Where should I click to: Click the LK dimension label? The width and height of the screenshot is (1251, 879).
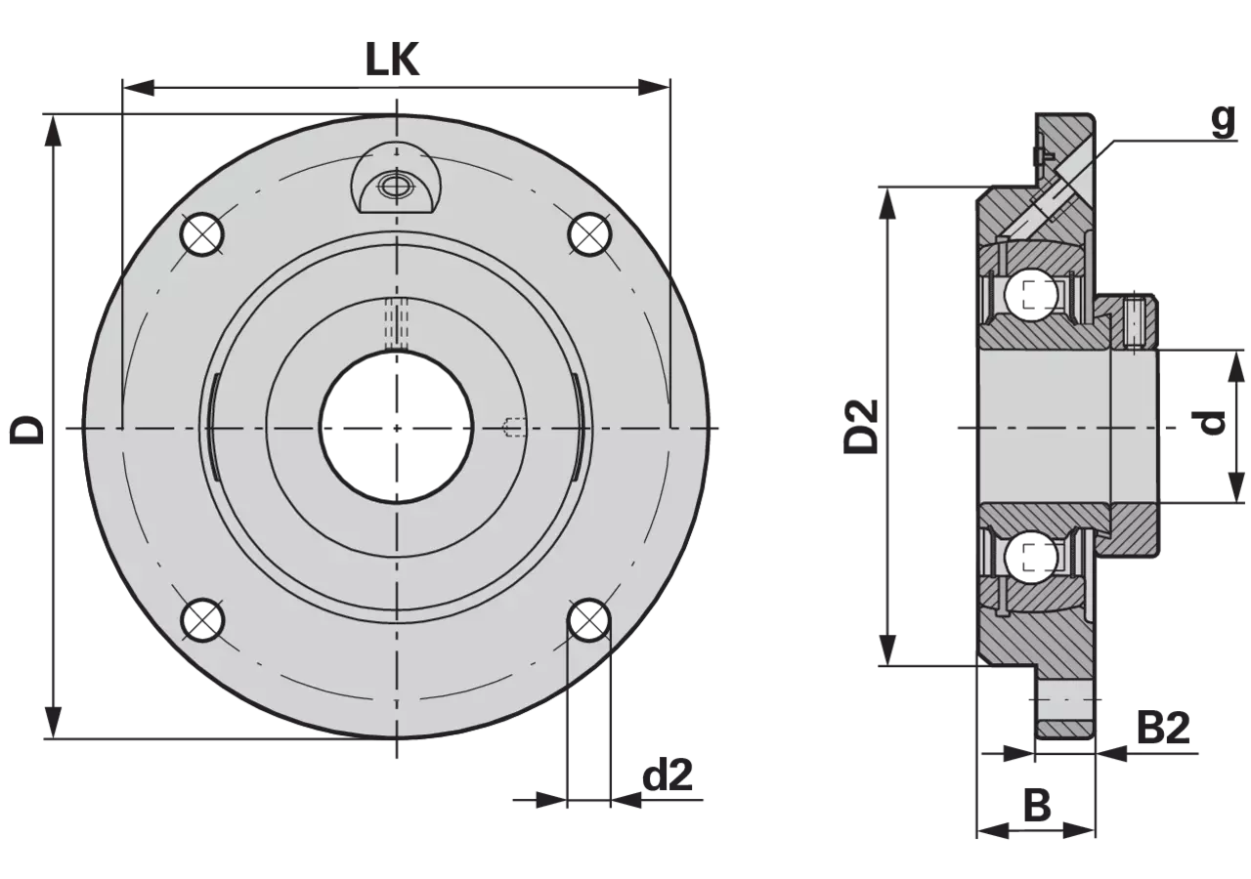coord(392,61)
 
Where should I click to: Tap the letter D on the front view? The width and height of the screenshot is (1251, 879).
coord(27,430)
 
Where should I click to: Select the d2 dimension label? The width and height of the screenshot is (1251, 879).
coord(668,774)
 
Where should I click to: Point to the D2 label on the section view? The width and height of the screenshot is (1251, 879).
coord(861,426)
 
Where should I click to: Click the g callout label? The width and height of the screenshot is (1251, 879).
coord(1223,122)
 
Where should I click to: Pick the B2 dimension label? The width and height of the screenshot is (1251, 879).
coord(1163,728)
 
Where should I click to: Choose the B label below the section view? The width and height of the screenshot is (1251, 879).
coord(1037,806)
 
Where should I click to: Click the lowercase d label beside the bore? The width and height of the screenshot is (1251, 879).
coord(1212,423)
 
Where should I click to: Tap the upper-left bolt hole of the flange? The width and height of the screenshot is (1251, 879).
coord(202,234)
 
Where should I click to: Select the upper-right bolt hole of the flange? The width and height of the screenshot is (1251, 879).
coord(589,234)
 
